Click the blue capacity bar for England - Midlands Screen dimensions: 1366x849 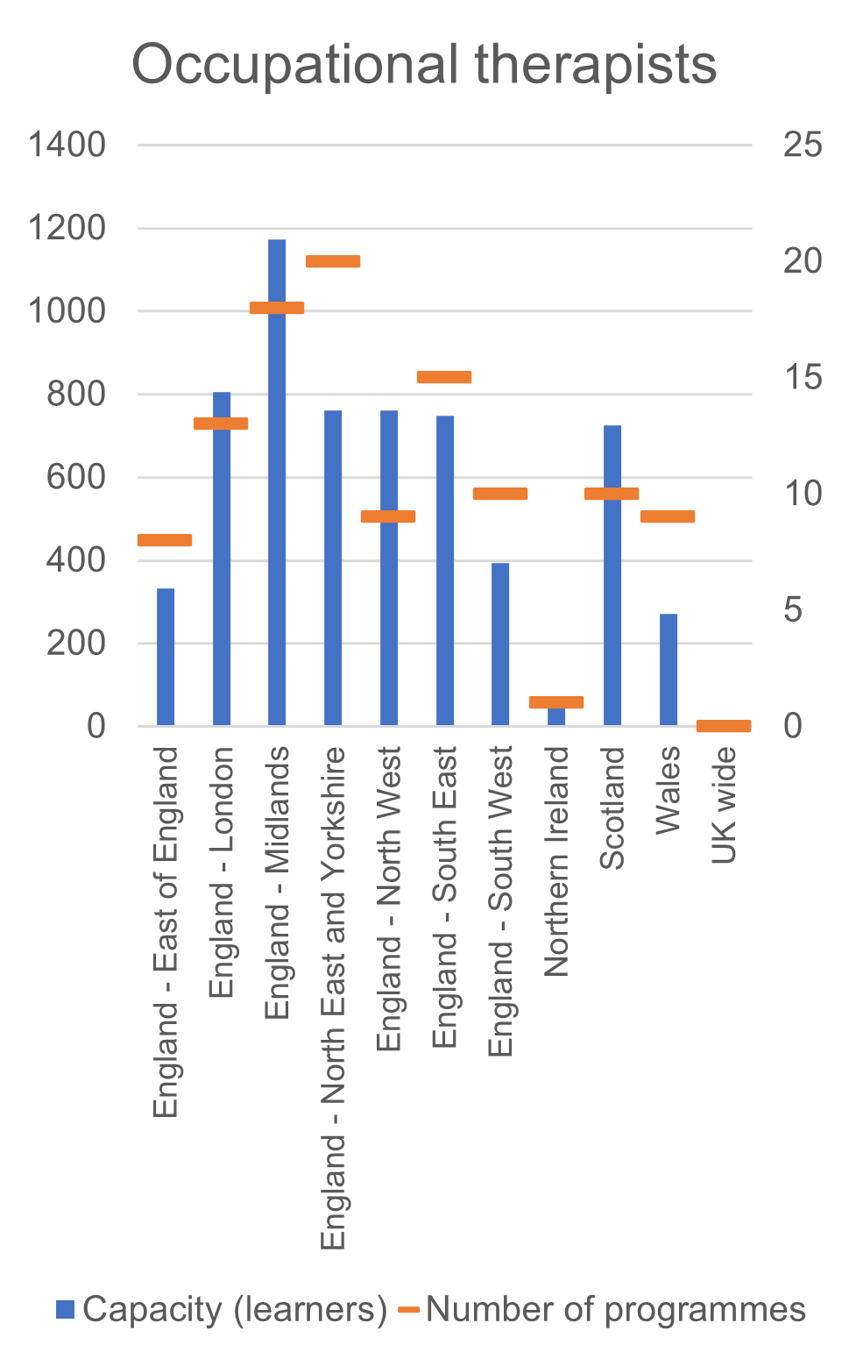click(x=277, y=482)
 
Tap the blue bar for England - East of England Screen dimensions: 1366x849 click(x=166, y=657)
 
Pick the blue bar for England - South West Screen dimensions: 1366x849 click(x=500, y=644)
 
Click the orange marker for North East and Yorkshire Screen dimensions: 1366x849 click(x=333, y=261)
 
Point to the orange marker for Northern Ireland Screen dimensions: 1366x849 click(x=556, y=702)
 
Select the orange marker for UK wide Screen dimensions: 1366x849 click(x=724, y=725)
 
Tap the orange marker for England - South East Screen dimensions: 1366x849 click(x=444, y=377)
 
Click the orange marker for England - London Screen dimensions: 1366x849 click(x=221, y=423)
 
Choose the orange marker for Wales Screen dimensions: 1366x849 click(x=668, y=516)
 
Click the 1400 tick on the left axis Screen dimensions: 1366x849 click(x=67, y=145)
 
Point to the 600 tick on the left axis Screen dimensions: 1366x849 click(x=75, y=478)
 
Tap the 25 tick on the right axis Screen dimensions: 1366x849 click(x=803, y=145)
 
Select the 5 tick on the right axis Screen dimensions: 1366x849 click(x=793, y=609)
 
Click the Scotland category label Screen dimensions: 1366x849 click(x=612, y=808)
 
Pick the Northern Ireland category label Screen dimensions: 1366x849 click(x=556, y=861)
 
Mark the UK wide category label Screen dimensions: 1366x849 click(x=724, y=805)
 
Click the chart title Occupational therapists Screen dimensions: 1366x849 click(x=424, y=65)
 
